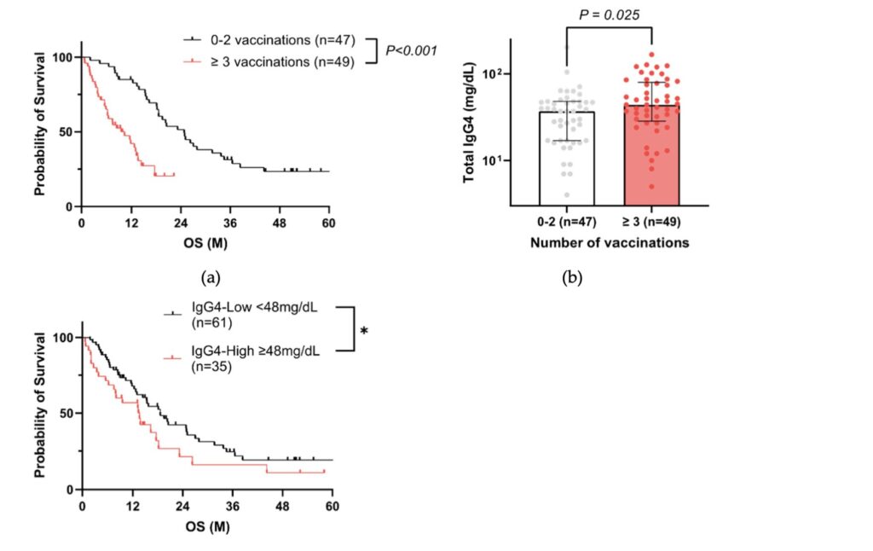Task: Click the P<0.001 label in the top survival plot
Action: (x=411, y=51)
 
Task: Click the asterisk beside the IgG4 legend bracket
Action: (x=364, y=329)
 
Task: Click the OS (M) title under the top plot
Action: (x=206, y=243)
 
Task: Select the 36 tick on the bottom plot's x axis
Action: (x=232, y=506)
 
